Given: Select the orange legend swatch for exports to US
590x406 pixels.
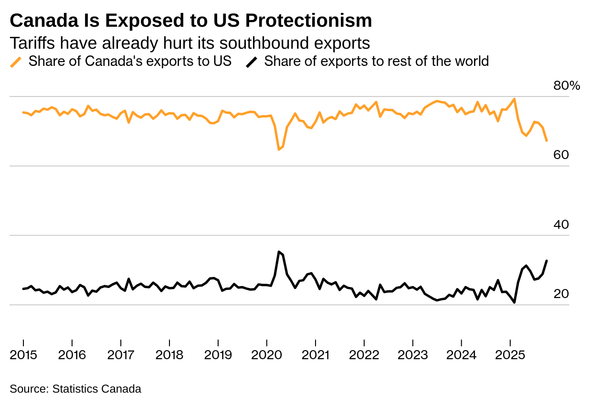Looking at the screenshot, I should tap(16, 62).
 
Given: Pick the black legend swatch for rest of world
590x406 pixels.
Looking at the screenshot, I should tap(252, 62).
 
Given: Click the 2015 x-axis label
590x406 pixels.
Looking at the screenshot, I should tap(23, 355).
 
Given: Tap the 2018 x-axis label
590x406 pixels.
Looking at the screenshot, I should tap(169, 355).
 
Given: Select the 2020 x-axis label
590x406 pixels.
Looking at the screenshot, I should tap(267, 355).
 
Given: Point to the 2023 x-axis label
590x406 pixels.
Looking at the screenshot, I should tap(413, 355).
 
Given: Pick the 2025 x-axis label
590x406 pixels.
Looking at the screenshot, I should tap(510, 355).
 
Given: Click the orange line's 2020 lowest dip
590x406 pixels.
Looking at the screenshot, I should tap(279, 150).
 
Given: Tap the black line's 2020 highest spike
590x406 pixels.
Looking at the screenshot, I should tap(279, 252).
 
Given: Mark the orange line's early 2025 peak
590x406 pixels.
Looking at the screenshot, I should tap(514, 99).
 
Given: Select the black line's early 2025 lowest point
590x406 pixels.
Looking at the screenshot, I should tap(514, 302).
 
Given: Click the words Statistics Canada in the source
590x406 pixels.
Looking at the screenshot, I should tap(96, 389).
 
